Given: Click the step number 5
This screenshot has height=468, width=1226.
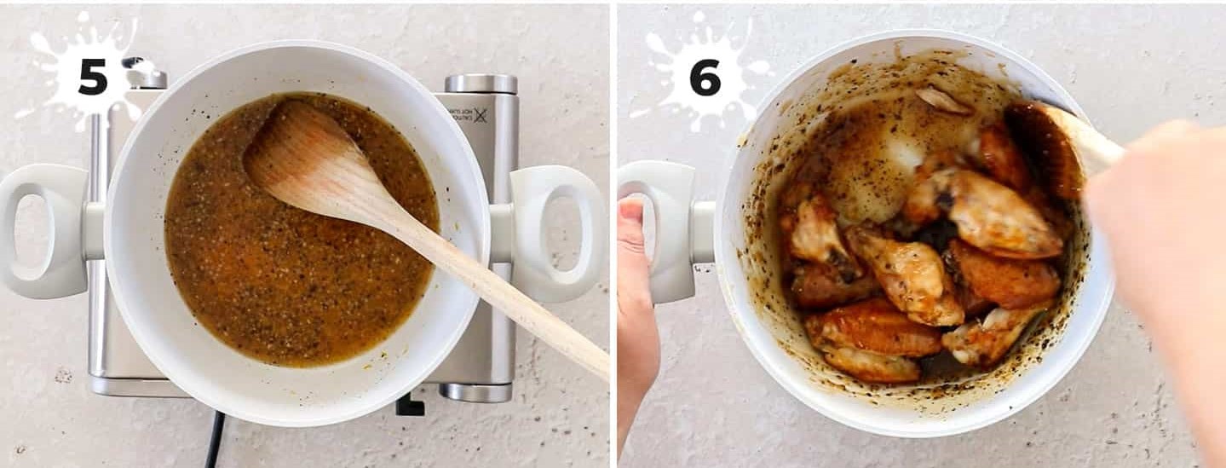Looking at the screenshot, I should pos(93,76).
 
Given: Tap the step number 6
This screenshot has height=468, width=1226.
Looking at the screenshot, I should pos(705,77).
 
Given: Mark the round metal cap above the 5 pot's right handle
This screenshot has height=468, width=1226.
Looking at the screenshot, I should pos(481,84).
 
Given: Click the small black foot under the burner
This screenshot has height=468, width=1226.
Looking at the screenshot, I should pos(409,404).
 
